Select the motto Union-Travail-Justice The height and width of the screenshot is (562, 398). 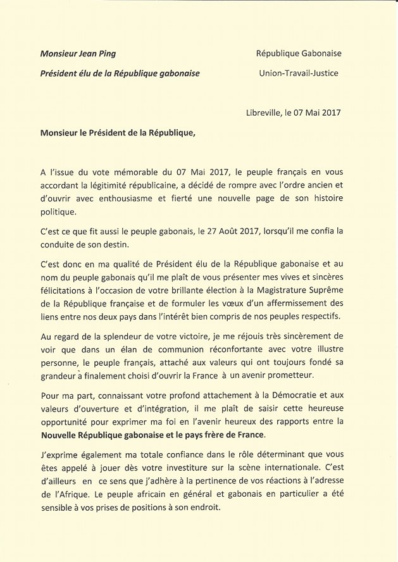coord(299,73)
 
